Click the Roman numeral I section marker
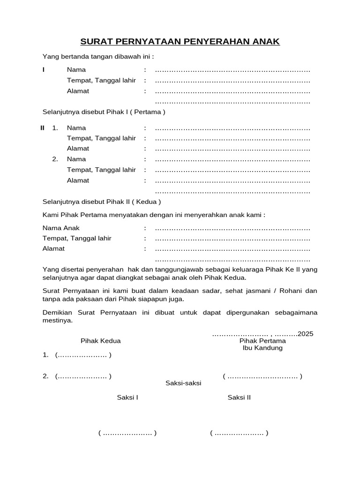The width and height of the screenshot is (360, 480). click(x=44, y=70)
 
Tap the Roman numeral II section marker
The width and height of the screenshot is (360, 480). click(x=43, y=128)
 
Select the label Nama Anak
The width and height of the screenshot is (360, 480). click(x=61, y=228)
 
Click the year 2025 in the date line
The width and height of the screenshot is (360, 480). click(x=305, y=334)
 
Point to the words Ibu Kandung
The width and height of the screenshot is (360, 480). click(x=262, y=348)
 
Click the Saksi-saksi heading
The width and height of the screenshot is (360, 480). click(x=183, y=383)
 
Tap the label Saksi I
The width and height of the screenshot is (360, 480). click(x=127, y=397)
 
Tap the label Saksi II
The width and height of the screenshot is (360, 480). click(x=239, y=397)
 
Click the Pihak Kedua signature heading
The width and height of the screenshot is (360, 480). click(x=100, y=341)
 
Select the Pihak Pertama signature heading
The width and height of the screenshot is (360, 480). click(x=262, y=341)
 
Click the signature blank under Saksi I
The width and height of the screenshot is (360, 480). click(x=127, y=433)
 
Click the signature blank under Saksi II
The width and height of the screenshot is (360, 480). click(x=239, y=433)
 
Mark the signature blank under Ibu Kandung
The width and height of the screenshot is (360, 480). click(x=262, y=376)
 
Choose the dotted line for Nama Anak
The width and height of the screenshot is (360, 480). click(x=232, y=228)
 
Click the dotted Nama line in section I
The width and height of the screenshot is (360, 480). click(x=232, y=70)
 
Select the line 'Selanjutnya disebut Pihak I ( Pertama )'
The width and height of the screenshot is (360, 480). click(x=104, y=112)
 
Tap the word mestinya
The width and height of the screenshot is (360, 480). click(x=58, y=321)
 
